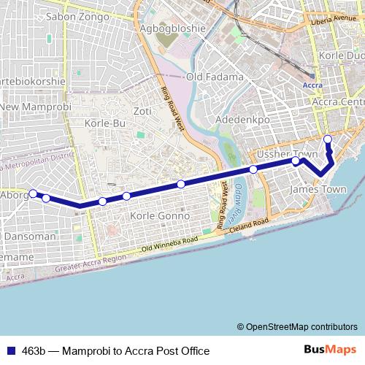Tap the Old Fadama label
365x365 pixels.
[215, 77]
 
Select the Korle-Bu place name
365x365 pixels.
[106, 124]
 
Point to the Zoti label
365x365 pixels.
[142, 111]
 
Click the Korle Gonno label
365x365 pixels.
[159, 216]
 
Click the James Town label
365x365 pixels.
[318, 189]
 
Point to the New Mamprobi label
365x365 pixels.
[33, 108]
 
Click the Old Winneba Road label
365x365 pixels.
[170, 245]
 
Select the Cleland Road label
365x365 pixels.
[244, 224]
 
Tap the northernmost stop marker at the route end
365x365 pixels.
[328, 139]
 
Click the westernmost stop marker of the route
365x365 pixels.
[32, 193]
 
